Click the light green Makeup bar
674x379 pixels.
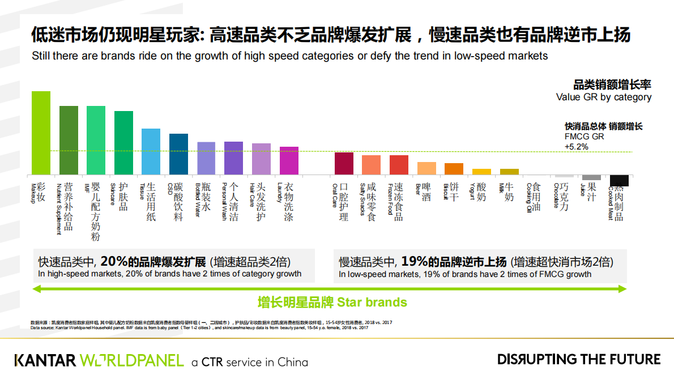point(41,133)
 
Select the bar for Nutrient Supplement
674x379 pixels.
point(69,140)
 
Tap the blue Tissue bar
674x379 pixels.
point(151,151)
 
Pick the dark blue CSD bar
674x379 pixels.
point(178,154)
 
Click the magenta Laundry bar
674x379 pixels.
point(289,160)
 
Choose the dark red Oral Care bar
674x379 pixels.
point(344,163)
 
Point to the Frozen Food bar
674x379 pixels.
point(399,164)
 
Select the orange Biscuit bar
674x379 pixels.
point(454,168)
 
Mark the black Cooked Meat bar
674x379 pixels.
point(619,180)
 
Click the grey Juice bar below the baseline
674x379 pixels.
point(591,177)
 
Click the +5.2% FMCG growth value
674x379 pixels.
point(577,146)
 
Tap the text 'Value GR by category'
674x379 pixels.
point(604,97)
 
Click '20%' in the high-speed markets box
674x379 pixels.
point(114,262)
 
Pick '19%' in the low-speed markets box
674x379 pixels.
point(414,262)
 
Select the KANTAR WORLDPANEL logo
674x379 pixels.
point(99,360)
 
